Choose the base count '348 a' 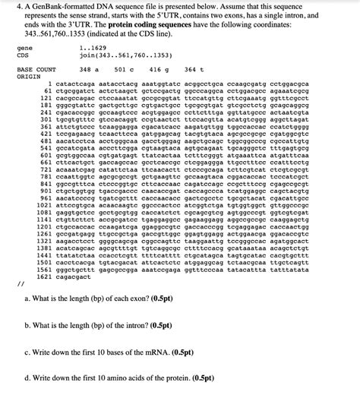pyautogui.click(x=89, y=68)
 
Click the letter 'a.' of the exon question pyautogui.click(x=28, y=299)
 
